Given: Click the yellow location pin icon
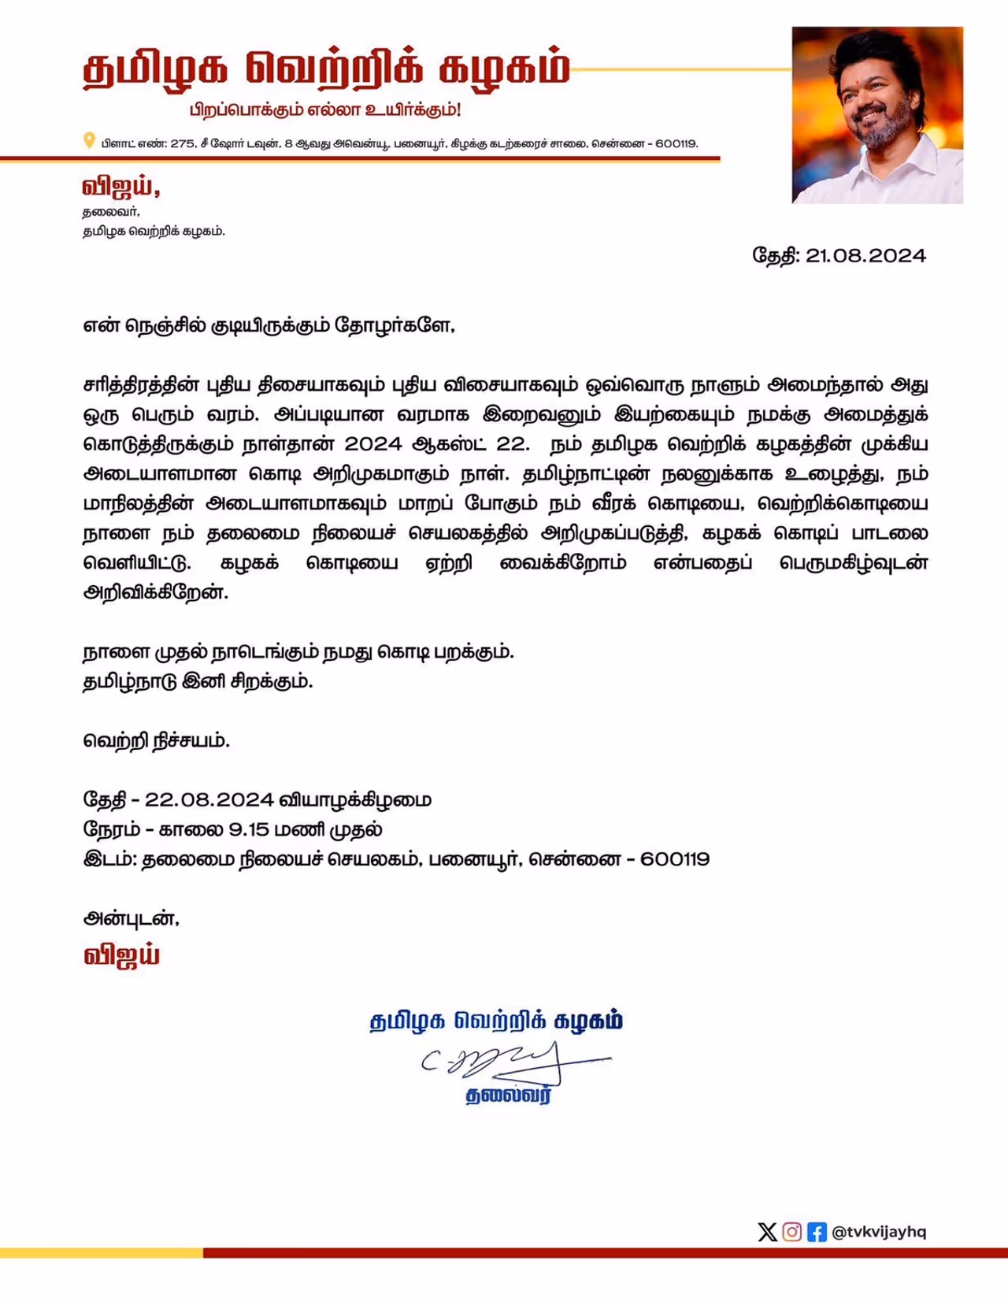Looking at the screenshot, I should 89,141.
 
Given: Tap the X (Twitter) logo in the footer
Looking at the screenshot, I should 767,1232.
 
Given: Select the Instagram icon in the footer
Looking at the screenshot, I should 792,1232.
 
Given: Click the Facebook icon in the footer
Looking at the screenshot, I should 817,1232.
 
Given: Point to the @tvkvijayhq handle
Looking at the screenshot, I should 879,1232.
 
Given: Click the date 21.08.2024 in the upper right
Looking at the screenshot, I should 865,256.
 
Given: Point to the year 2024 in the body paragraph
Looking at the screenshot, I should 373,444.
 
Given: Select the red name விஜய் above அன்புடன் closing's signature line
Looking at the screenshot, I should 121,955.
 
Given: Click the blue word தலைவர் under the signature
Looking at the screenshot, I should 508,1096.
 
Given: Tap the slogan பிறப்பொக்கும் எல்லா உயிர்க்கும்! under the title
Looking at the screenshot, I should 324,109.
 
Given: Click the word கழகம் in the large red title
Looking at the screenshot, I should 504,69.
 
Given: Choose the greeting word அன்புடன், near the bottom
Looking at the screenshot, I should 131,918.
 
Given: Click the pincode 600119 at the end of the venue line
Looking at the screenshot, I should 675,859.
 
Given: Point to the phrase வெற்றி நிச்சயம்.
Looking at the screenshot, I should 156,741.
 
